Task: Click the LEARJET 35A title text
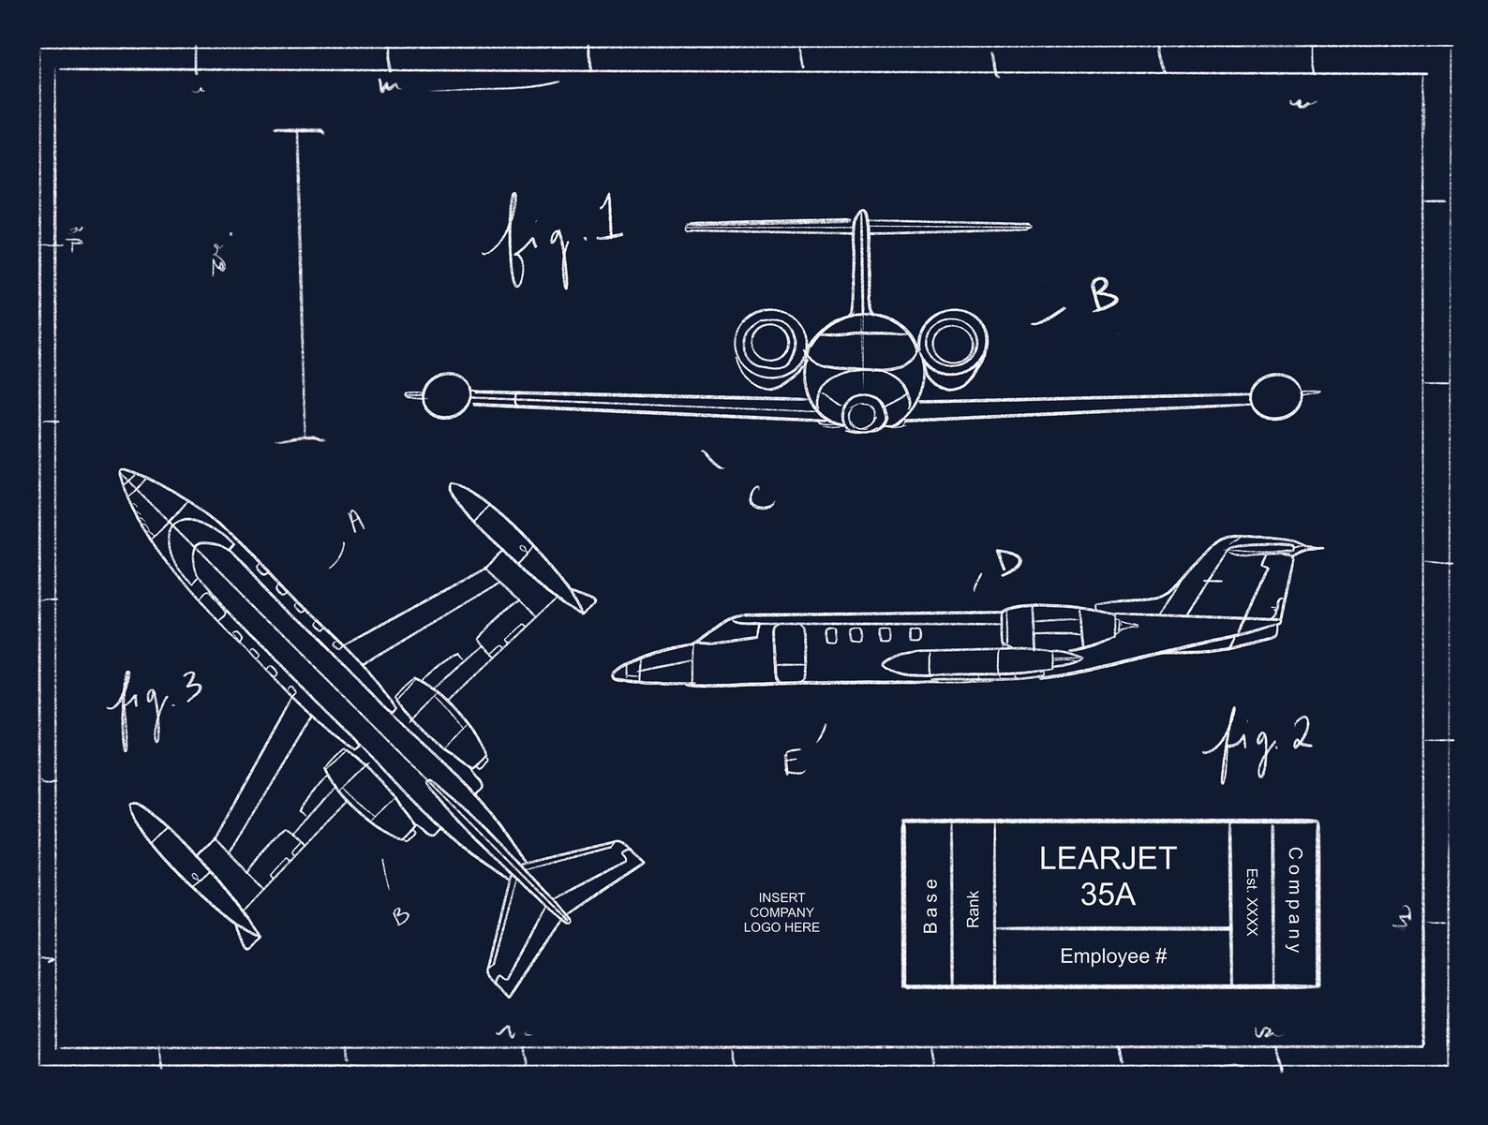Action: click(1108, 876)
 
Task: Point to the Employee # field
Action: click(1113, 956)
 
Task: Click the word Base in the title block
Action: click(930, 906)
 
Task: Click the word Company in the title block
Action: click(1294, 900)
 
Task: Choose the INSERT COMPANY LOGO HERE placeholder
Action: click(781, 912)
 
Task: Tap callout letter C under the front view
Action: click(761, 498)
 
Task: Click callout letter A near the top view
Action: click(355, 521)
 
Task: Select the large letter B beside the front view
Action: click(1103, 296)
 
